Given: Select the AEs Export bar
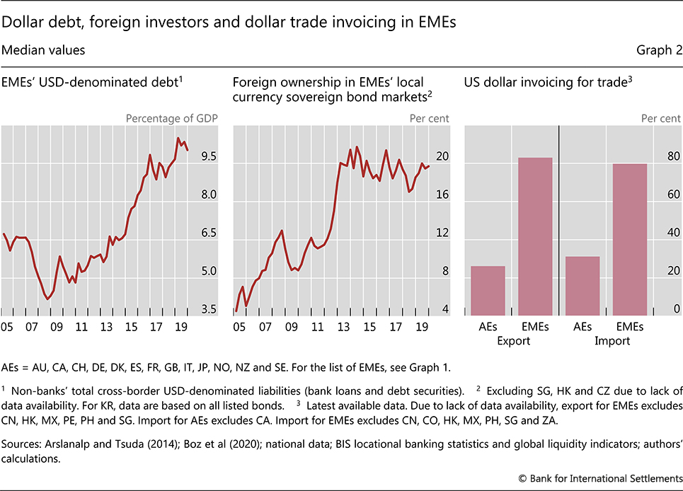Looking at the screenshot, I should click(x=488, y=291).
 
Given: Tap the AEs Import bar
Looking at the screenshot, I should click(x=582, y=286).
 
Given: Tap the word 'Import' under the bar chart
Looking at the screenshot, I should click(x=607, y=341).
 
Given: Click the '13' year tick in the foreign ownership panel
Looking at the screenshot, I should click(x=343, y=328).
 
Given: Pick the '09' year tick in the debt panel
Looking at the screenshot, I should click(x=56, y=328).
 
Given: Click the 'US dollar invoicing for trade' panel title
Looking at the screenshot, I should click(x=545, y=83).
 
